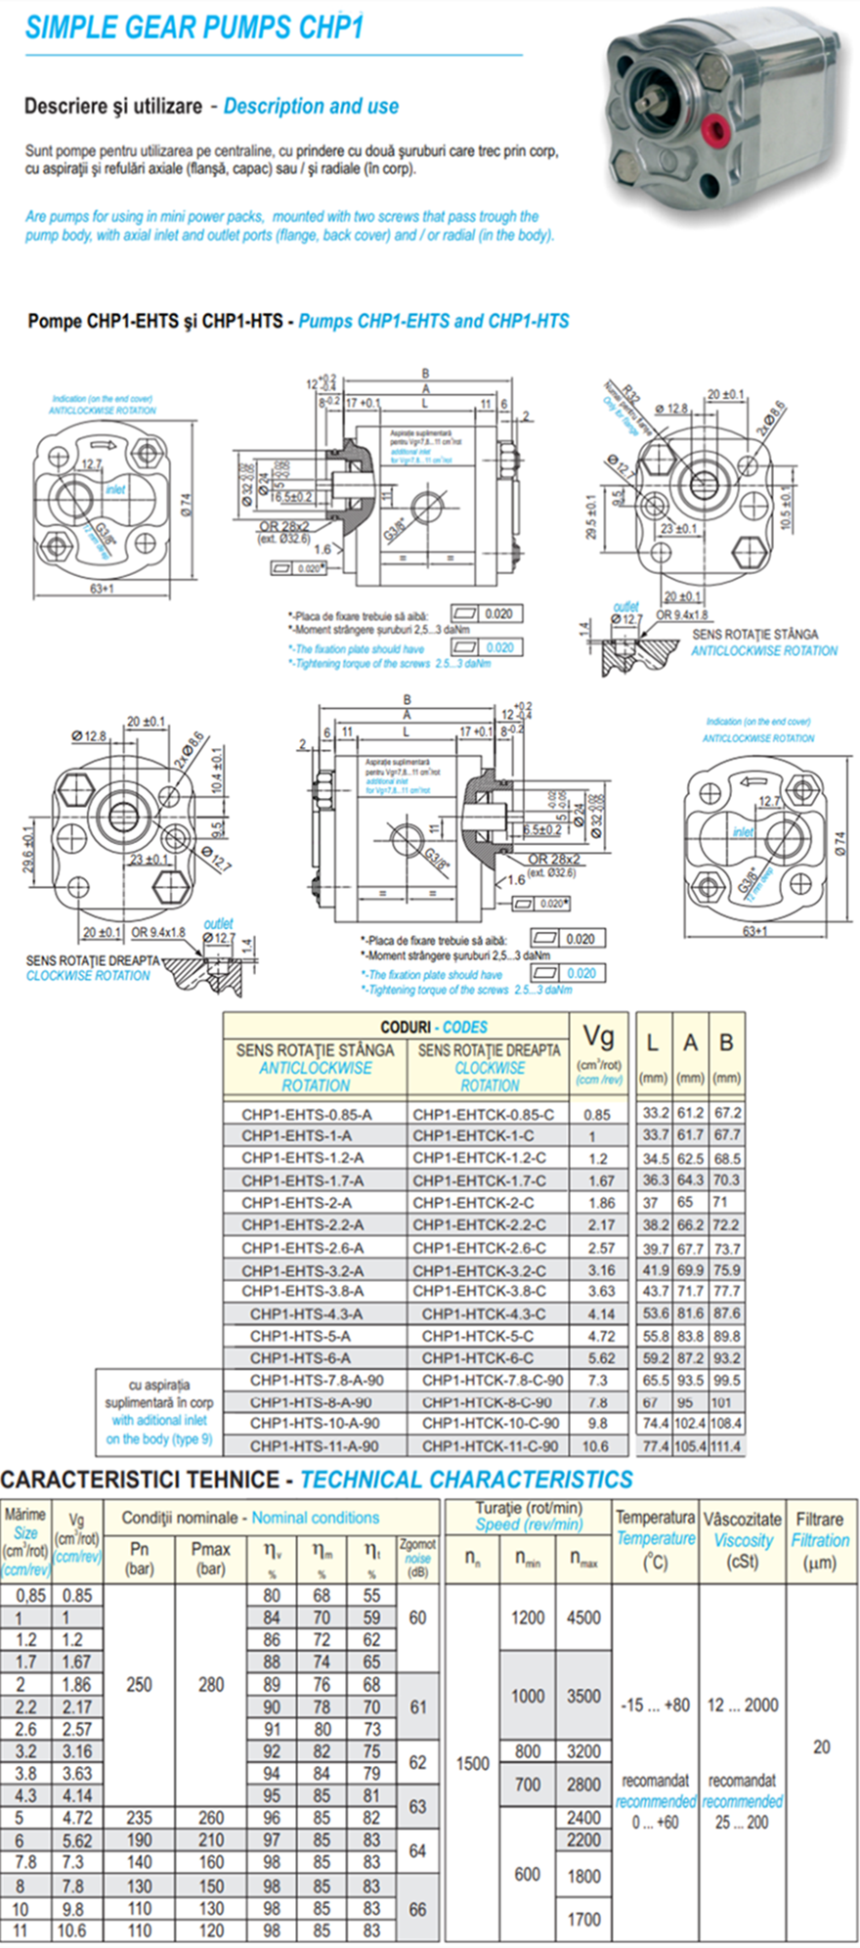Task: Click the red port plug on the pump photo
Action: pyautogui.click(x=720, y=125)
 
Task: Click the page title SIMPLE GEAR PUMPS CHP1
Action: pyautogui.click(x=193, y=27)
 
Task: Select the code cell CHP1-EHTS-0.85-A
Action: pyautogui.click(x=306, y=1114)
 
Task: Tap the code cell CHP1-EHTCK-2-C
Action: pyautogui.click(x=473, y=1203)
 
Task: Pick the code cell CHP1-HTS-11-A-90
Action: pyautogui.click(x=315, y=1445)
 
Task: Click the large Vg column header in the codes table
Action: pyautogui.click(x=598, y=1037)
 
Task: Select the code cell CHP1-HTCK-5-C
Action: pyautogui.click(x=478, y=1336)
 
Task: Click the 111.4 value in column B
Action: pyautogui.click(x=726, y=1445)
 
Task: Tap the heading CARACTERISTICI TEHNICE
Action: pyautogui.click(x=140, y=1479)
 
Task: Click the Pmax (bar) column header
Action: pyautogui.click(x=210, y=1558)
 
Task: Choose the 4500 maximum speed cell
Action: pyautogui.click(x=583, y=1617)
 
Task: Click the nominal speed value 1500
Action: pyautogui.click(x=473, y=1763)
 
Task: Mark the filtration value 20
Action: pyautogui.click(x=821, y=1747)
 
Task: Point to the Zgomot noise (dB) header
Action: pyautogui.click(x=417, y=1557)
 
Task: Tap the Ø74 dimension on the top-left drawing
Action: pyautogui.click(x=187, y=505)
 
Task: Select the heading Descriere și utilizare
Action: pyautogui.click(x=113, y=106)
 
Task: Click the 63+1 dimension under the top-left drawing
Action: pyautogui.click(x=102, y=589)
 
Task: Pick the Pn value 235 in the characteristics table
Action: pyautogui.click(x=139, y=1818)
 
